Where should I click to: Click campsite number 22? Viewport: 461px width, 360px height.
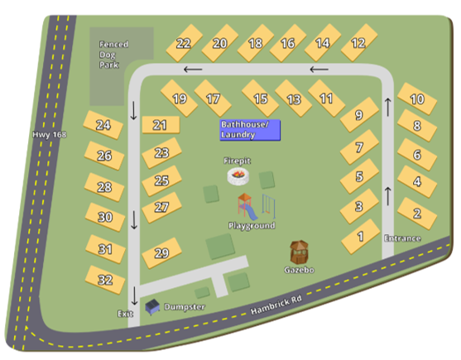[x=184, y=44]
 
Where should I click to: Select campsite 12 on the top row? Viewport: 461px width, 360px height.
[x=358, y=42]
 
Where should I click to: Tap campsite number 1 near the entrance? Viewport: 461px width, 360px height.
[x=360, y=237]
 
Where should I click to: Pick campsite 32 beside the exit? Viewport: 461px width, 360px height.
[x=105, y=279]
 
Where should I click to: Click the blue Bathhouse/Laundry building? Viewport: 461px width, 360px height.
[x=249, y=129]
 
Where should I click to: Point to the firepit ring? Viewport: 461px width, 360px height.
[x=239, y=175]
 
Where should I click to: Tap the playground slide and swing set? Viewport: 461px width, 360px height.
[x=252, y=204]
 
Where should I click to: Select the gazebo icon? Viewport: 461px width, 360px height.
[x=300, y=252]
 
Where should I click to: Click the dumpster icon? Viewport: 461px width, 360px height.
[x=152, y=307]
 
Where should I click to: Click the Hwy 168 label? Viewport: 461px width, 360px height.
[x=49, y=135]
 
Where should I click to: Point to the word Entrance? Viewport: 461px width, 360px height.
[x=402, y=238]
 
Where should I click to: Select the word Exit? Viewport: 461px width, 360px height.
[x=125, y=314]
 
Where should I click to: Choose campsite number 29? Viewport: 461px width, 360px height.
[x=161, y=253]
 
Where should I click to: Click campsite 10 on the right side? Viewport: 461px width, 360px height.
[x=417, y=99]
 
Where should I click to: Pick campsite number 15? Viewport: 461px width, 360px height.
[x=262, y=98]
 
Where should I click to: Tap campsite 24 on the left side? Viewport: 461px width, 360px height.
[x=103, y=126]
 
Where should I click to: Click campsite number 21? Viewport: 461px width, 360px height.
[x=161, y=125]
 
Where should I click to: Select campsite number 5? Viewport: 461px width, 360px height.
[x=359, y=176]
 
